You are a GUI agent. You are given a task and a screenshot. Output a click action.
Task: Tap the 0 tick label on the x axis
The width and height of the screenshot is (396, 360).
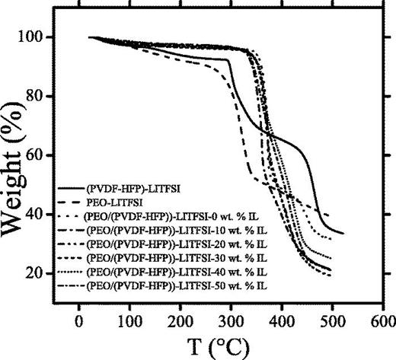click(x=79, y=321)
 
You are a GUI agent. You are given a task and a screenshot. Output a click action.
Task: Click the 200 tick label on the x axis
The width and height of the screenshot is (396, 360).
click(x=180, y=321)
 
